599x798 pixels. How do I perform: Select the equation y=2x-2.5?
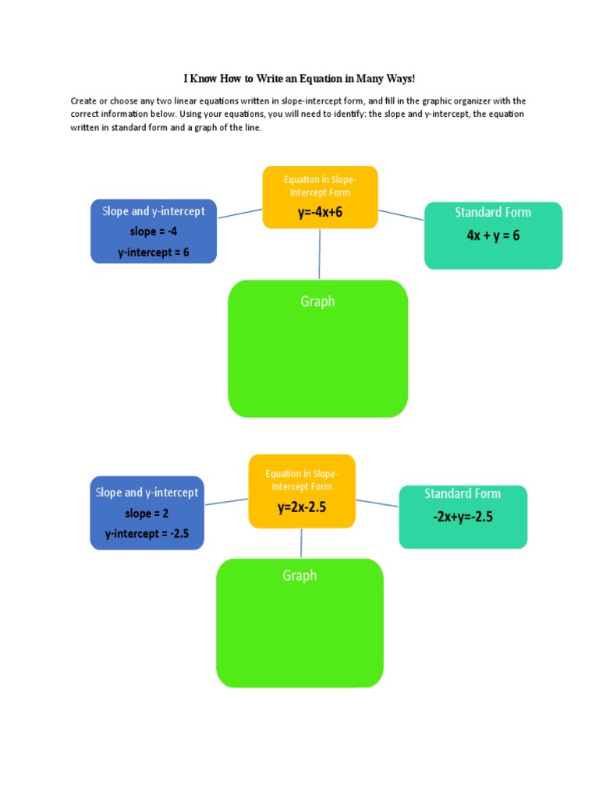[x=301, y=507]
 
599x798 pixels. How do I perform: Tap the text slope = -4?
[x=154, y=231]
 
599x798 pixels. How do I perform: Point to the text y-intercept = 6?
[x=154, y=252]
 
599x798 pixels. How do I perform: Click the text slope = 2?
[x=147, y=514]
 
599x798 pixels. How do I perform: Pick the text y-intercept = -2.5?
[x=147, y=534]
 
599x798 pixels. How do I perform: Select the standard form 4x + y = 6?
[x=493, y=235]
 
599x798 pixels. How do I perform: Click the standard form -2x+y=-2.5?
[x=463, y=516]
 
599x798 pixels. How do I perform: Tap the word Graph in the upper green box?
[x=317, y=302]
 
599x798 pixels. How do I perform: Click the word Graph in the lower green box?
[x=299, y=575]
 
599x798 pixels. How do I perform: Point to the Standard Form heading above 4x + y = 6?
[x=493, y=212]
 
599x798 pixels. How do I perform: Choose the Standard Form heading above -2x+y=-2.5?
[x=463, y=493]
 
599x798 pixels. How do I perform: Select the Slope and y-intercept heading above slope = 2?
[x=147, y=492]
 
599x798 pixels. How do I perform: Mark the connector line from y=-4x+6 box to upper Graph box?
[x=319, y=254]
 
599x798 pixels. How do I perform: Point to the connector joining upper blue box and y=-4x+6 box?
[x=239, y=213]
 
